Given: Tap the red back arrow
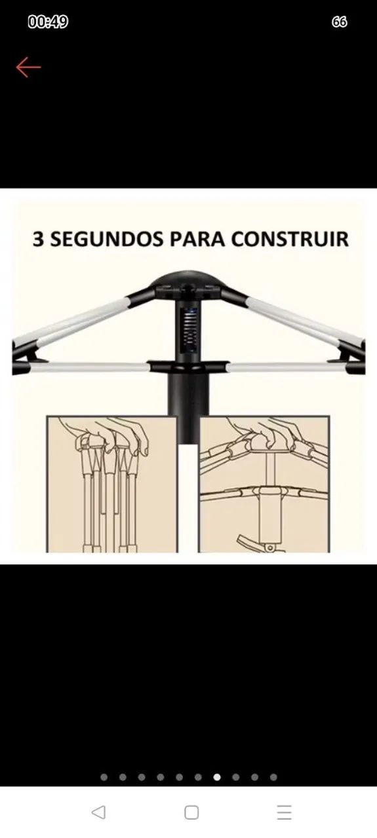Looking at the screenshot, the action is [28, 67].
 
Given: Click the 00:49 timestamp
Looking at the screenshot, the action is [48, 22].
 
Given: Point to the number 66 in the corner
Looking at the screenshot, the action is [339, 22].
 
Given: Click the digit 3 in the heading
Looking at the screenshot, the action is [38, 239].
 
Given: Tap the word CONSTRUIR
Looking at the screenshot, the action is [290, 239].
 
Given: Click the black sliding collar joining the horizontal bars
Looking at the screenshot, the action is [188, 367].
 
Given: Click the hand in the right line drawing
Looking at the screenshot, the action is [264, 433].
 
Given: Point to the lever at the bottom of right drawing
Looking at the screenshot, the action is [255, 543].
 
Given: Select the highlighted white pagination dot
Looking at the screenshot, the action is [217, 777].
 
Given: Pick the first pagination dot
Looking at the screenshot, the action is [104, 777].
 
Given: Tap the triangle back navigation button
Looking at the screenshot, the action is [98, 812].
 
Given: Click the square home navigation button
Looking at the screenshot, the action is [191, 812].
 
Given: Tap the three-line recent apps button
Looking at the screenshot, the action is [284, 812].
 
